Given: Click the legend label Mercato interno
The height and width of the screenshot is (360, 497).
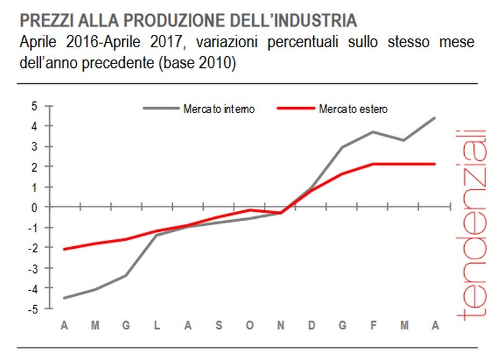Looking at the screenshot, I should (218, 109).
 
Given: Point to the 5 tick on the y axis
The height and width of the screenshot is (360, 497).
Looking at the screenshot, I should (35, 106).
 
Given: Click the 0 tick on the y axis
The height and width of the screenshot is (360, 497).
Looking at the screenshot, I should (35, 207).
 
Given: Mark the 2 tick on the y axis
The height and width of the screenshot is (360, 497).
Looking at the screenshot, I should (35, 167).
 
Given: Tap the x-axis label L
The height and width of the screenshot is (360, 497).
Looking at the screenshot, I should (157, 326).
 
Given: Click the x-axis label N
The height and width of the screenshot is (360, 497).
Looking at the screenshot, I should (280, 326).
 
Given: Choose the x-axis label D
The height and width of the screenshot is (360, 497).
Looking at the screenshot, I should (311, 326).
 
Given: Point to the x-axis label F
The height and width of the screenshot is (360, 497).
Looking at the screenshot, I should (373, 326).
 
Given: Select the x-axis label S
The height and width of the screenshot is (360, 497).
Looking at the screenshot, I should (218, 326).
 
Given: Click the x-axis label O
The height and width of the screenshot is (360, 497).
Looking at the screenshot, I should (249, 326).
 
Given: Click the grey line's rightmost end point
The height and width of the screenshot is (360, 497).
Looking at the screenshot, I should (434, 118).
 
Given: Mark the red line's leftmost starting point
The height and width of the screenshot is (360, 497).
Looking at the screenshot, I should (64, 249).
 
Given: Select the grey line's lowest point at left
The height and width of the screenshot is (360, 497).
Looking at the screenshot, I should (64, 298).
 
